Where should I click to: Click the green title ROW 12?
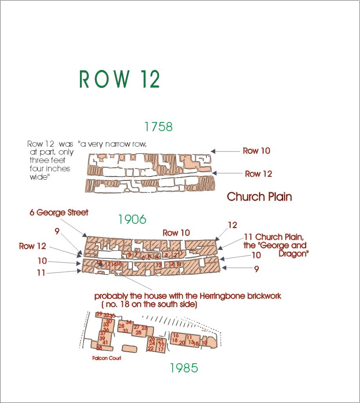pyautogui.click(x=119, y=79)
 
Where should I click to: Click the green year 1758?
pyautogui.click(x=158, y=127)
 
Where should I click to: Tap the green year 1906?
pyautogui.click(x=132, y=219)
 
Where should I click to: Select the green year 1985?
pyautogui.click(x=184, y=368)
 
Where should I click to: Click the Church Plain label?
pyautogui.click(x=259, y=196)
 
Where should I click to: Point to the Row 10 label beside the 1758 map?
pyautogui.click(x=256, y=151)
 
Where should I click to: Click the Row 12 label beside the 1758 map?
pyautogui.click(x=258, y=174)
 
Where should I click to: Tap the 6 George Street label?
pyautogui.click(x=59, y=213)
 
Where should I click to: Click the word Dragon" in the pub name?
pyautogui.click(x=294, y=254)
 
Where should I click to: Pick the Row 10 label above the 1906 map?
pyautogui.click(x=176, y=233)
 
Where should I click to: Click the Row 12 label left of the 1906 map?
pyautogui.click(x=33, y=246)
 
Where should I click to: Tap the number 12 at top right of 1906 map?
pyautogui.click(x=232, y=225)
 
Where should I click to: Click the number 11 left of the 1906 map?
pyautogui.click(x=42, y=273)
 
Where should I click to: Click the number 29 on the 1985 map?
pyautogui.click(x=99, y=314)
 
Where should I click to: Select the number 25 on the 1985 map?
pyautogui.click(x=138, y=332)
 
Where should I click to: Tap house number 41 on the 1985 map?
pyautogui.click(x=105, y=342)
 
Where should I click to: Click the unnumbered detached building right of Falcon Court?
pyautogui.click(x=128, y=348)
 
